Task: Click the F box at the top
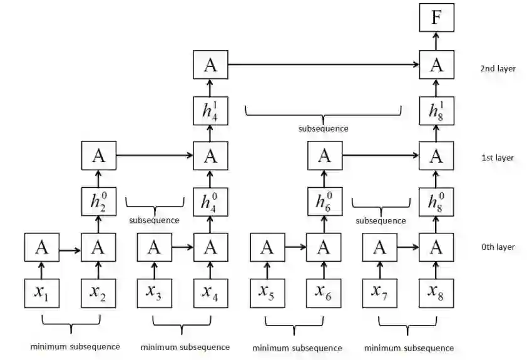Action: (436, 18)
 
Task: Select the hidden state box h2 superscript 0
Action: (98, 200)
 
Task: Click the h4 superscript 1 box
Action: (210, 111)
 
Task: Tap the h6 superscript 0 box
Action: (324, 200)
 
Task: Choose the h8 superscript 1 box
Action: (436, 111)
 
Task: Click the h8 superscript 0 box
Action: (436, 200)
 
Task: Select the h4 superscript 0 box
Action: (210, 200)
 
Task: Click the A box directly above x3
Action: (154, 247)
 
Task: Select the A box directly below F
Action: (436, 64)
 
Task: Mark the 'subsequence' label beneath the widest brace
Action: (323, 128)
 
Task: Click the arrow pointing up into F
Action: (436, 41)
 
